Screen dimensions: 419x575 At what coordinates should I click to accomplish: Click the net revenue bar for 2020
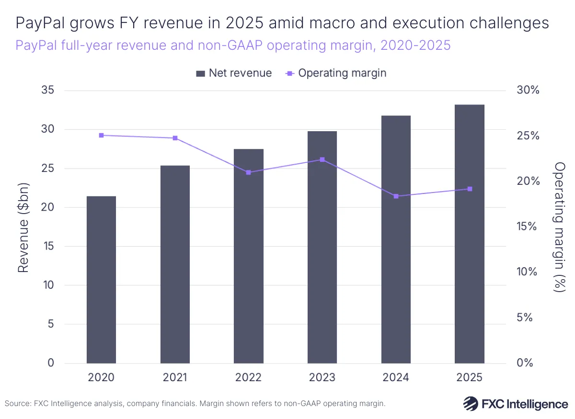coord(101,280)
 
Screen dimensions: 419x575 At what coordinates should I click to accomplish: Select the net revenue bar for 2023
coord(322,247)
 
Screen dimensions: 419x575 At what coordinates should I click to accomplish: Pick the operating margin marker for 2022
coord(248,172)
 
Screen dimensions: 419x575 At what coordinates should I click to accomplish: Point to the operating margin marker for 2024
coord(396,196)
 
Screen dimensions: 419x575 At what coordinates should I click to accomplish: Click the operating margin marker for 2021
coord(175,138)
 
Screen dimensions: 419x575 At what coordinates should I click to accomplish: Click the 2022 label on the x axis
coord(248,377)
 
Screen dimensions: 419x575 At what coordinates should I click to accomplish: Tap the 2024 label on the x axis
coord(396,377)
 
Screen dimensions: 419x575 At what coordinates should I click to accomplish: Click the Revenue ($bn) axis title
coord(23,227)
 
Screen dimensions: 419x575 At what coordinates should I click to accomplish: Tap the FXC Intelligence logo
coord(516,404)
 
